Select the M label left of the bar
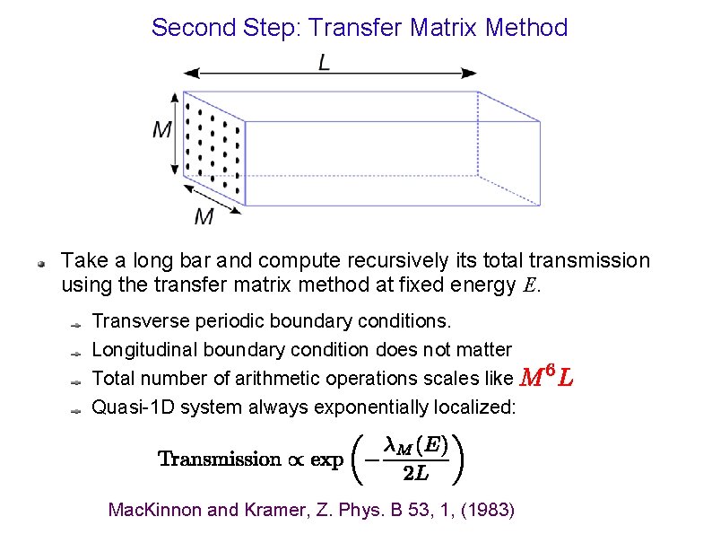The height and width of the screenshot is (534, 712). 162,131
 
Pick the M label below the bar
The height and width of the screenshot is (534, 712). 204,216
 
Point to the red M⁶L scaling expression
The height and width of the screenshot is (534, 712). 546,379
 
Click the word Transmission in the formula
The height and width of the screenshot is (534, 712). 220,460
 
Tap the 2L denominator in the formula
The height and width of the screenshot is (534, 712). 415,474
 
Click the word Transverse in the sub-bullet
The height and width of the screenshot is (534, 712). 134,320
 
